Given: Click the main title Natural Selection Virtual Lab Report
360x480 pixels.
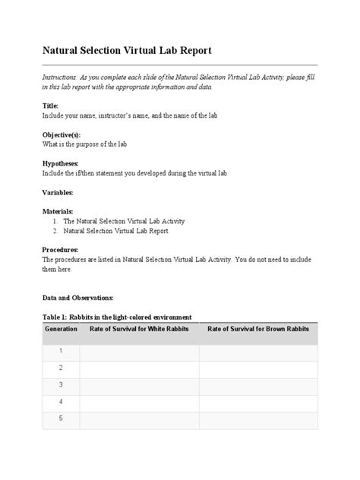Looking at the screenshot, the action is (126, 51).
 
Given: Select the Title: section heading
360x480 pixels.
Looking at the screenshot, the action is (49, 106).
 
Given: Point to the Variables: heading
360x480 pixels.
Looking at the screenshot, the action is (57, 193).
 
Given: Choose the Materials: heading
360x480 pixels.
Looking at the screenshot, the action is (58, 212).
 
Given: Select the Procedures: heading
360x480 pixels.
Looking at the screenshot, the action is (60, 249).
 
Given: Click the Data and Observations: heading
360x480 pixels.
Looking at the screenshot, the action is (77, 298).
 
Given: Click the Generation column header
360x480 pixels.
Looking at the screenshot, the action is (61, 329).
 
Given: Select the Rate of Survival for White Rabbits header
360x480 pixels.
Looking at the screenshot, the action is (139, 329).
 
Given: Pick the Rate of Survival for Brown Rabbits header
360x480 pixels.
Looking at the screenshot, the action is (258, 329).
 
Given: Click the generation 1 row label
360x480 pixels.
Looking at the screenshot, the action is (61, 352).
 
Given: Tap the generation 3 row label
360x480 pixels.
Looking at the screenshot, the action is (61, 385).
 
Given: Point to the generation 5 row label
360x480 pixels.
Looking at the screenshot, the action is (61, 418).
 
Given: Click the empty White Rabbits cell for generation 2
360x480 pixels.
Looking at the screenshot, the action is (139, 368).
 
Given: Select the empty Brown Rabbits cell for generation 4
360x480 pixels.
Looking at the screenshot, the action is (258, 402).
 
